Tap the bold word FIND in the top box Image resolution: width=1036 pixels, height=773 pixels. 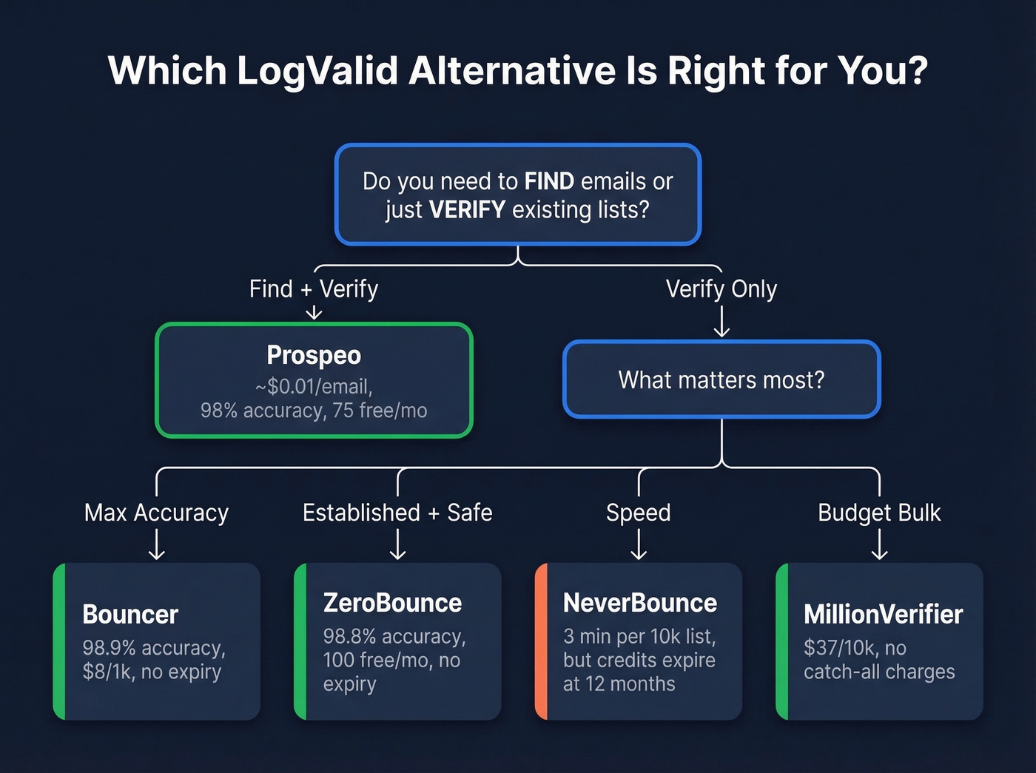tap(549, 181)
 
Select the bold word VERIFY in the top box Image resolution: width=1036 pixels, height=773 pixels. tap(467, 210)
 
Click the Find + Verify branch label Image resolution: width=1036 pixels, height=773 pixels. tap(314, 288)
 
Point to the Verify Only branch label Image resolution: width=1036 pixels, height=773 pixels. tap(721, 288)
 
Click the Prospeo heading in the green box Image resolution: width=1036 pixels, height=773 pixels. tap(314, 355)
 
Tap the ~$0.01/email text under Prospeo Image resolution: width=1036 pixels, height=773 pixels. tap(314, 386)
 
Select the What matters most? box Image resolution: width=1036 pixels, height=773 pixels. tap(721, 379)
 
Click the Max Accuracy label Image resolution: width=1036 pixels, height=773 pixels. tap(156, 513)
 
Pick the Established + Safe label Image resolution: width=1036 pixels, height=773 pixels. tap(397, 513)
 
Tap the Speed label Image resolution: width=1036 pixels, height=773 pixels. tap(638, 513)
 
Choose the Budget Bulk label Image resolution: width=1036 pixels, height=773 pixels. tap(879, 513)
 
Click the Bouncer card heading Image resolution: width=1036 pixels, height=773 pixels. tap(130, 614)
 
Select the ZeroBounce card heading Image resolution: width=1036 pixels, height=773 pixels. tap(392, 603)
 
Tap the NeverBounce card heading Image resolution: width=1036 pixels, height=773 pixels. tap(640, 603)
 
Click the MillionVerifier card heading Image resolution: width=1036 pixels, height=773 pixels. tap(884, 614)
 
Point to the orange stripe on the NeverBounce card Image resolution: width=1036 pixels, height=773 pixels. tap(541, 641)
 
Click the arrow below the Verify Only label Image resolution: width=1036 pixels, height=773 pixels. tap(721, 321)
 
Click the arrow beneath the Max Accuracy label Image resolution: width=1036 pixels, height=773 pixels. tap(156, 546)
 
